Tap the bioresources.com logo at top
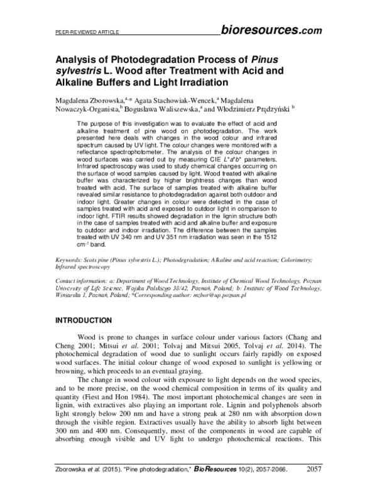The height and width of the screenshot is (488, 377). coord(271,29)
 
